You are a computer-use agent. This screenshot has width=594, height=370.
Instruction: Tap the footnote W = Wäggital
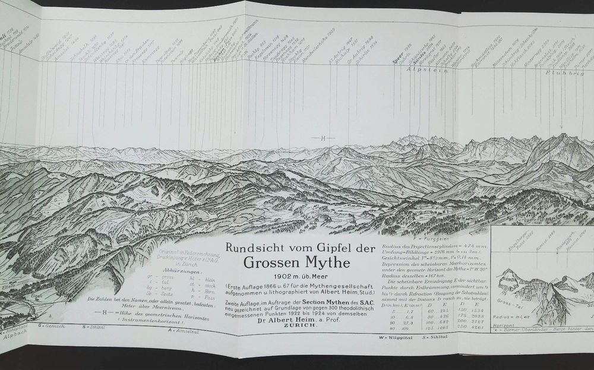pos(394,338)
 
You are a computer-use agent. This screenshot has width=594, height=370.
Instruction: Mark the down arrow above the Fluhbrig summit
pos(561,128)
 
